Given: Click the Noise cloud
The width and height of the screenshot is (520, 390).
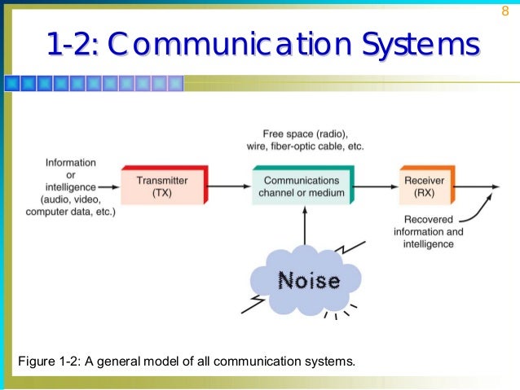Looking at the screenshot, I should point(308,281).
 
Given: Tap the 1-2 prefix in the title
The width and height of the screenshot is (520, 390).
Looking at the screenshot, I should point(73,46).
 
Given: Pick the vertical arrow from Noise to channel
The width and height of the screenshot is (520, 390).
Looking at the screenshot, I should point(304,228).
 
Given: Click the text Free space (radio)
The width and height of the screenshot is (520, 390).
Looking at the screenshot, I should point(305,134).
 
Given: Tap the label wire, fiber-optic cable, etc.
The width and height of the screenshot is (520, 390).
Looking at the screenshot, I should point(305,147).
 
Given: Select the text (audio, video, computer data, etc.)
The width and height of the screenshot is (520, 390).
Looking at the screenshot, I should point(70,205).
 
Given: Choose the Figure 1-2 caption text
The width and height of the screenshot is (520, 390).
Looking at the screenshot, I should point(181,361).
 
